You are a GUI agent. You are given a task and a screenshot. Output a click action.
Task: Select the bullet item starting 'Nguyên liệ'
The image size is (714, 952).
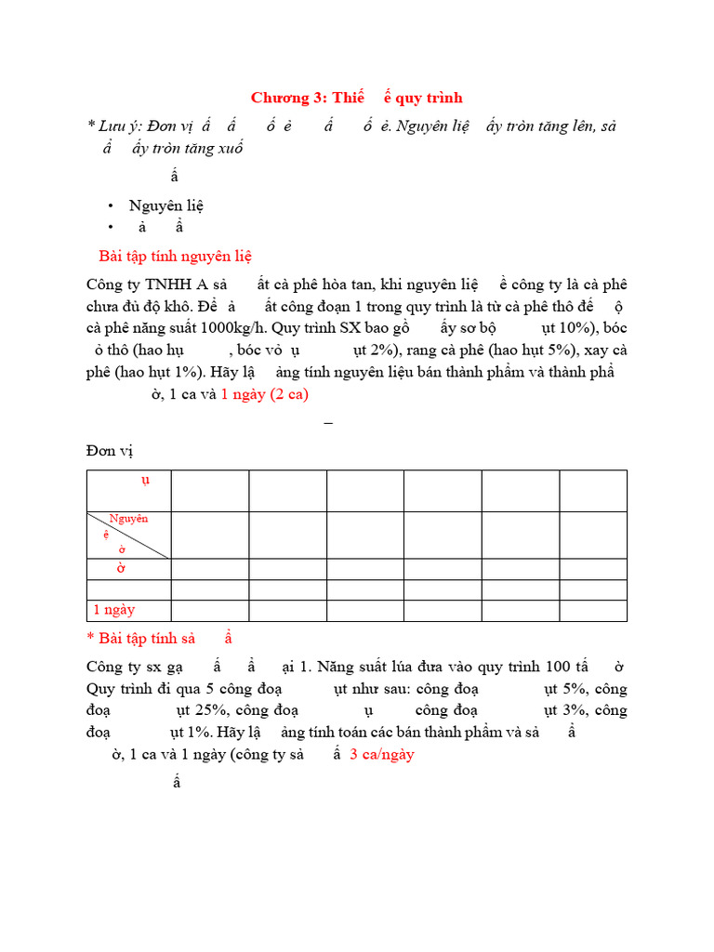[166, 205]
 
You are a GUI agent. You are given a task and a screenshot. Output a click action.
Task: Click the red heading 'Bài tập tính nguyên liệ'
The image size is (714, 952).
[175, 257]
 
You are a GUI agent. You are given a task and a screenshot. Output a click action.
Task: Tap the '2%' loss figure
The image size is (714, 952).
[367, 350]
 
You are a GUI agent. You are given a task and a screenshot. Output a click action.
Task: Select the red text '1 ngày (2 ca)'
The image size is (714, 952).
[265, 393]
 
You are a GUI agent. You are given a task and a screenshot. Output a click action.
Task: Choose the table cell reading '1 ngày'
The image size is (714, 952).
[113, 610]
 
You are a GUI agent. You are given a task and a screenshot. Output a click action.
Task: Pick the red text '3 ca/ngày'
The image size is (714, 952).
[381, 754]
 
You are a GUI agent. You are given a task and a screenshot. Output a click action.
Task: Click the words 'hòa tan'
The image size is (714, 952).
[363, 284]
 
